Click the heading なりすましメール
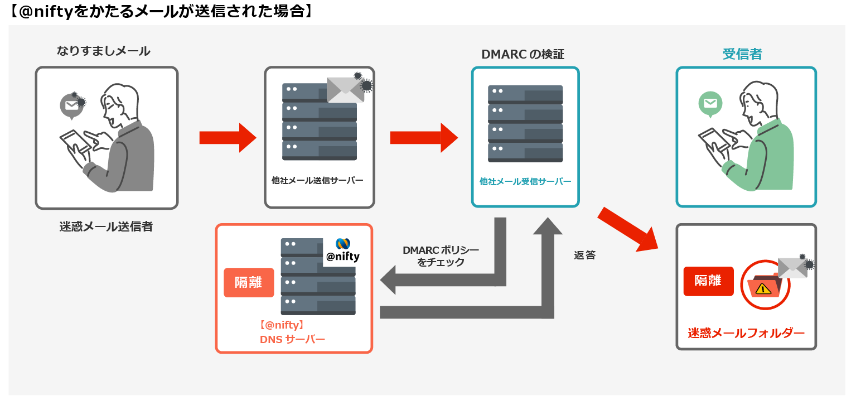click(103, 51)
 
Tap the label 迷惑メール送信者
click(106, 226)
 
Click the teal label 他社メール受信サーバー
click(525, 181)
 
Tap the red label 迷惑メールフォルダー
click(746, 334)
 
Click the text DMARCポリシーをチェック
click(441, 257)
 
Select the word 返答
click(584, 255)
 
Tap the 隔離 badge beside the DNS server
click(248, 282)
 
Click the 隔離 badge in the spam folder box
click(708, 281)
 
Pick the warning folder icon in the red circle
click(763, 286)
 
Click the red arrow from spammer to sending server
click(228, 138)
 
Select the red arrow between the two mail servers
click(423, 138)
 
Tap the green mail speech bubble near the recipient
click(710, 104)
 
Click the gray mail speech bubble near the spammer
click(71, 105)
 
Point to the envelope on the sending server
click(346, 89)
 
